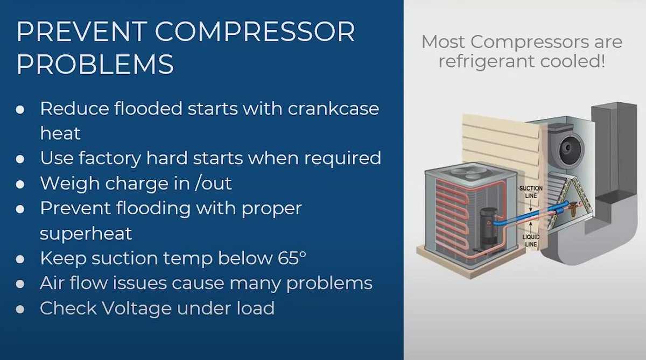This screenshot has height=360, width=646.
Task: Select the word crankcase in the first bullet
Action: click(x=334, y=109)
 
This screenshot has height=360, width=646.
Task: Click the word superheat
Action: click(x=86, y=234)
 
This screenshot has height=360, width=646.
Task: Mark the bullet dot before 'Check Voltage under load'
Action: click(x=20, y=309)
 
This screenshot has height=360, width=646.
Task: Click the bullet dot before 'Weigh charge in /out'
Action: click(x=20, y=184)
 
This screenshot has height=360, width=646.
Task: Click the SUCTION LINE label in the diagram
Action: click(x=530, y=192)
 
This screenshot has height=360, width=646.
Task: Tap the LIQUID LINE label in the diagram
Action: click(x=531, y=241)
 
